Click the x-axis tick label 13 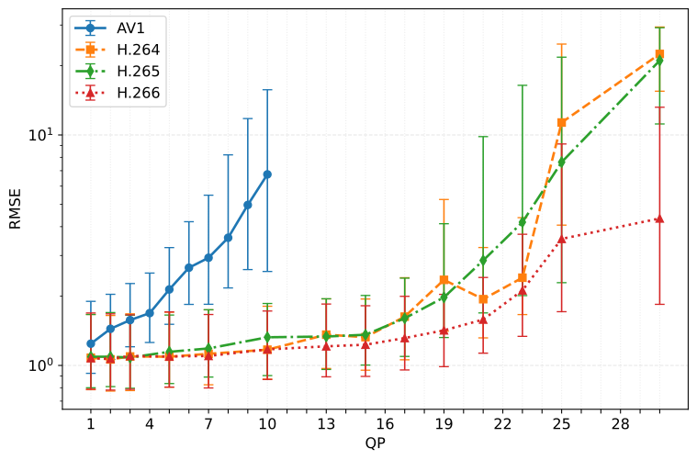tap(326, 423)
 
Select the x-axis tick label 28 tap(621, 423)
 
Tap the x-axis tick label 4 tap(150, 423)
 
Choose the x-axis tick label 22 tap(503, 423)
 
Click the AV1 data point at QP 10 tap(267, 174)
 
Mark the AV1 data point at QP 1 tap(91, 343)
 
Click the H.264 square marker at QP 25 tap(562, 122)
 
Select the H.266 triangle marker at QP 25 tap(562, 239)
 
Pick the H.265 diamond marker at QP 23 tap(523, 222)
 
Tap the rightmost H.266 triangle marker tap(660, 219)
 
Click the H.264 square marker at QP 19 tap(444, 279)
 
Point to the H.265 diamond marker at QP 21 tap(483, 261)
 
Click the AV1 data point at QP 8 tap(228, 237)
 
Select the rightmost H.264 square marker tap(660, 54)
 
